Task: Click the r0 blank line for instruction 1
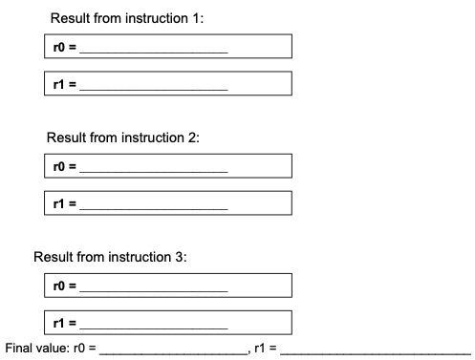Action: (x=154, y=49)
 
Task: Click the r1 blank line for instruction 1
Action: (x=154, y=87)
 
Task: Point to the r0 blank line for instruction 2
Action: (x=154, y=170)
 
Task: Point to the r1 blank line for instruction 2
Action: (x=154, y=207)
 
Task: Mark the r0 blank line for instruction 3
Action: (x=154, y=288)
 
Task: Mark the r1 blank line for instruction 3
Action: (x=154, y=326)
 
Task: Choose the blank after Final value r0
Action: (x=173, y=350)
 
